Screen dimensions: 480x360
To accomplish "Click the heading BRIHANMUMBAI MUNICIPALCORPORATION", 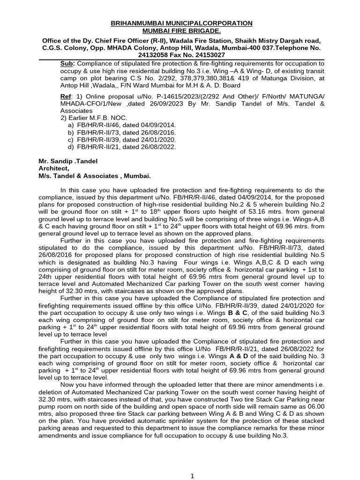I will (x=181, y=23).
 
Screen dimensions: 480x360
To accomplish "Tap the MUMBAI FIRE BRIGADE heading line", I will (x=181, y=30).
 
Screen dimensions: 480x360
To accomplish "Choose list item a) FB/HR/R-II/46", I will (x=122, y=126).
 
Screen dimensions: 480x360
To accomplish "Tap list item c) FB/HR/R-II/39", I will (x=122, y=140).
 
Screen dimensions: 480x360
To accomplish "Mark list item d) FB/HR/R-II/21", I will (x=122, y=147).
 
